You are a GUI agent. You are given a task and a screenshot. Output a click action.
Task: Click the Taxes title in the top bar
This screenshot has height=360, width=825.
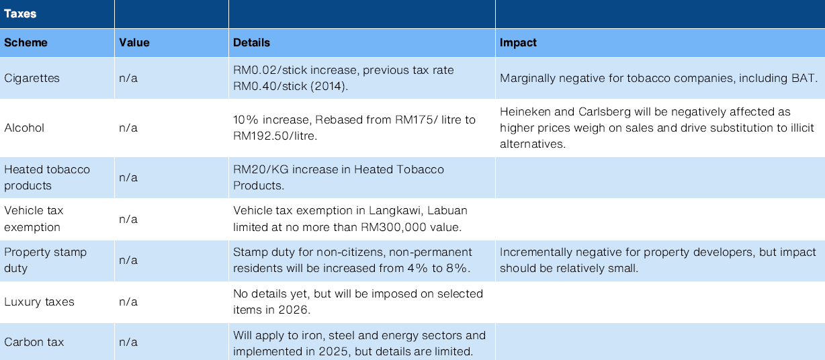coord(20,13)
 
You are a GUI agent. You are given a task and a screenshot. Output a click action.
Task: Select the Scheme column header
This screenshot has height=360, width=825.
coord(26,42)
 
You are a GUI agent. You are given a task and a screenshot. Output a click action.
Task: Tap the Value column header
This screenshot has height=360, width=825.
coord(134,42)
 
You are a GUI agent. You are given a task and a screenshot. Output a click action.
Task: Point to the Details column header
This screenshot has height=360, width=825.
coord(251,42)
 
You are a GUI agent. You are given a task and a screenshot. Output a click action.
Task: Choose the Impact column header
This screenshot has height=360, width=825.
coord(518,42)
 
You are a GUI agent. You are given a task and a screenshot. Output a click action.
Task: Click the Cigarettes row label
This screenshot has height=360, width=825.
coord(32,78)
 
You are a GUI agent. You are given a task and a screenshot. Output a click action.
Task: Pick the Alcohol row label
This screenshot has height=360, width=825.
coord(24,128)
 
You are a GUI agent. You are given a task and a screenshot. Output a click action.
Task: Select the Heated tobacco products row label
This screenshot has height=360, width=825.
coord(47,177)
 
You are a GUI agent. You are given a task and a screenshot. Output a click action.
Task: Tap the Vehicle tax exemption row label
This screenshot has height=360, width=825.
coord(43,219)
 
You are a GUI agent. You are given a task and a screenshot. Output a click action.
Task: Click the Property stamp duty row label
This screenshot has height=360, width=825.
coord(46,260)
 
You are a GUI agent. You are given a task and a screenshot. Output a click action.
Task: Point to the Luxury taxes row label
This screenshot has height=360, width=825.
coord(39,302)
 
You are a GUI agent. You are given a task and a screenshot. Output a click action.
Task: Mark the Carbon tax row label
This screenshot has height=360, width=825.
coord(34,342)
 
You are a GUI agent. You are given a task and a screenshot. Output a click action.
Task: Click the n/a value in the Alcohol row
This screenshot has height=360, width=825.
coord(128,128)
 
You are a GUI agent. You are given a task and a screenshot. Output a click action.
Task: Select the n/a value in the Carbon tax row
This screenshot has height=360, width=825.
coord(128,342)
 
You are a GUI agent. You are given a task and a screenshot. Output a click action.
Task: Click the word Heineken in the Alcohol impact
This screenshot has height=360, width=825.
coord(525,111)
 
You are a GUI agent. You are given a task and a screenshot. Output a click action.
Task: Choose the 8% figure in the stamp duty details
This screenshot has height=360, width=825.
coord(460,268)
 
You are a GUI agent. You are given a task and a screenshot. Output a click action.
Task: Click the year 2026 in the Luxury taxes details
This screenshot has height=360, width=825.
coord(296,310)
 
